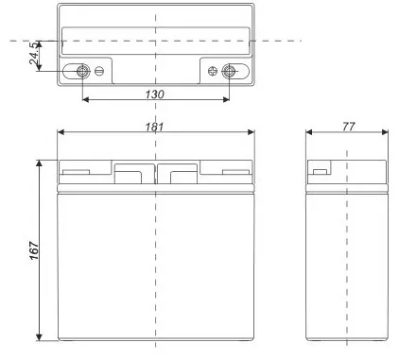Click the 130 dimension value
tap(155, 94)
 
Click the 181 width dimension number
tap(154, 127)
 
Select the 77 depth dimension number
tap(349, 127)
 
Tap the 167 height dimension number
tap(34, 250)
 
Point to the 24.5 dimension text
tap(34, 53)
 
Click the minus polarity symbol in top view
tap(99, 71)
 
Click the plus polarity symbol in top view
tap(213, 71)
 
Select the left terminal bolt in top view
tap(83, 71)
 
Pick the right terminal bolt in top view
tap(229, 71)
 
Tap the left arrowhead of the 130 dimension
tap(85, 100)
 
